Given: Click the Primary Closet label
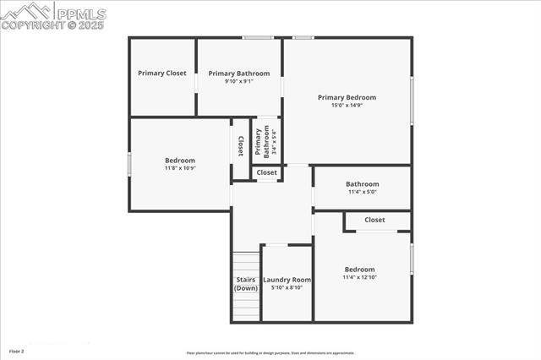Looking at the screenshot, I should tap(162, 74).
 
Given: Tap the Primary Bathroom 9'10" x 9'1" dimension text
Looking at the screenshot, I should tap(239, 82).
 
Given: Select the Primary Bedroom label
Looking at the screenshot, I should tap(347, 97).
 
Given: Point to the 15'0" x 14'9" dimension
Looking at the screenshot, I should tap(347, 106).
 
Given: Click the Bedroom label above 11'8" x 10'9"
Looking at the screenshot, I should tap(180, 161).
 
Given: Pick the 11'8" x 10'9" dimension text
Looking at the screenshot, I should tap(180, 168).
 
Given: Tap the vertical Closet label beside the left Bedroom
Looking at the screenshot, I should tap(241, 145).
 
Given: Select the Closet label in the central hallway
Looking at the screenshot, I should tap(267, 172).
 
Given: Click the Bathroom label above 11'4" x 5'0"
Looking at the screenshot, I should tap(363, 184).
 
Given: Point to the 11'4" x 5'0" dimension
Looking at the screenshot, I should tap(363, 192).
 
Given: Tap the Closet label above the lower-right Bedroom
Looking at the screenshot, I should tap(374, 220).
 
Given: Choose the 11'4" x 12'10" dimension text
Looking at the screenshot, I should tap(359, 277).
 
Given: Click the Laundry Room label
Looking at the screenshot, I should tap(287, 280).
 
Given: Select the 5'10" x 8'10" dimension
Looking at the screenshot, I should tap(287, 288).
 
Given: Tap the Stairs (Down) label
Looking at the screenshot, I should tap(246, 284).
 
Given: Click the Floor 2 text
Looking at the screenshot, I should tap(17, 350).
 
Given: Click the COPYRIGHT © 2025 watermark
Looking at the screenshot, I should tap(52, 25).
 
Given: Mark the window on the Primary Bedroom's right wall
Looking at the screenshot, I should tap(412, 100).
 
